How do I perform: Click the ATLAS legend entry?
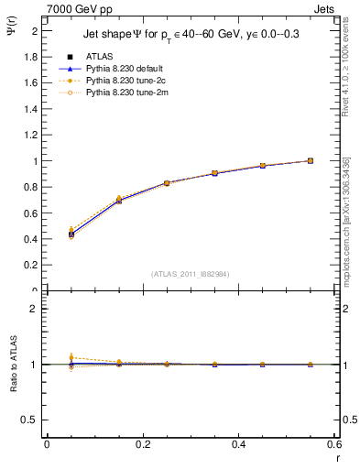click(x=99, y=57)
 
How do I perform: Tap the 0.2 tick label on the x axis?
click(x=142, y=444)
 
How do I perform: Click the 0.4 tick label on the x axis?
click(x=238, y=444)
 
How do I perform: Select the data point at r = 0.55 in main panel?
click(x=310, y=161)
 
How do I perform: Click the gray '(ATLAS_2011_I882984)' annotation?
click(x=191, y=273)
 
